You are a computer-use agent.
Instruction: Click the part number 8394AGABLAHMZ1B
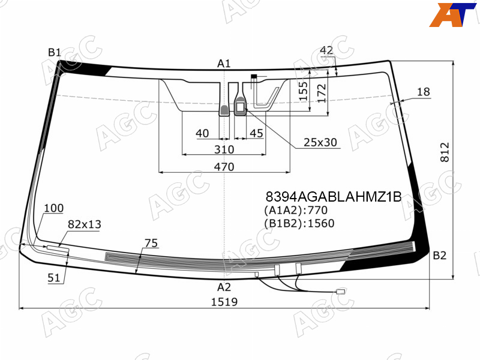click(x=334, y=197)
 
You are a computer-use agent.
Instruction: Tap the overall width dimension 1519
click(x=224, y=302)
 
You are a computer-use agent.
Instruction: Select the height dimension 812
click(x=445, y=152)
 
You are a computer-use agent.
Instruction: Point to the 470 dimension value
click(x=224, y=167)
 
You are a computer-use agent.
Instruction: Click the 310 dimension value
click(x=224, y=149)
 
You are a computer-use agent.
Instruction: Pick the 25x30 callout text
click(x=320, y=142)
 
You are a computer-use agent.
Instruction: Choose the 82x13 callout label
click(x=85, y=224)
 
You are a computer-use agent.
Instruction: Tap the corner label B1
click(x=55, y=52)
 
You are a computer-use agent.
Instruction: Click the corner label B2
click(x=440, y=256)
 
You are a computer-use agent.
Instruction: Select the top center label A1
click(x=224, y=64)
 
